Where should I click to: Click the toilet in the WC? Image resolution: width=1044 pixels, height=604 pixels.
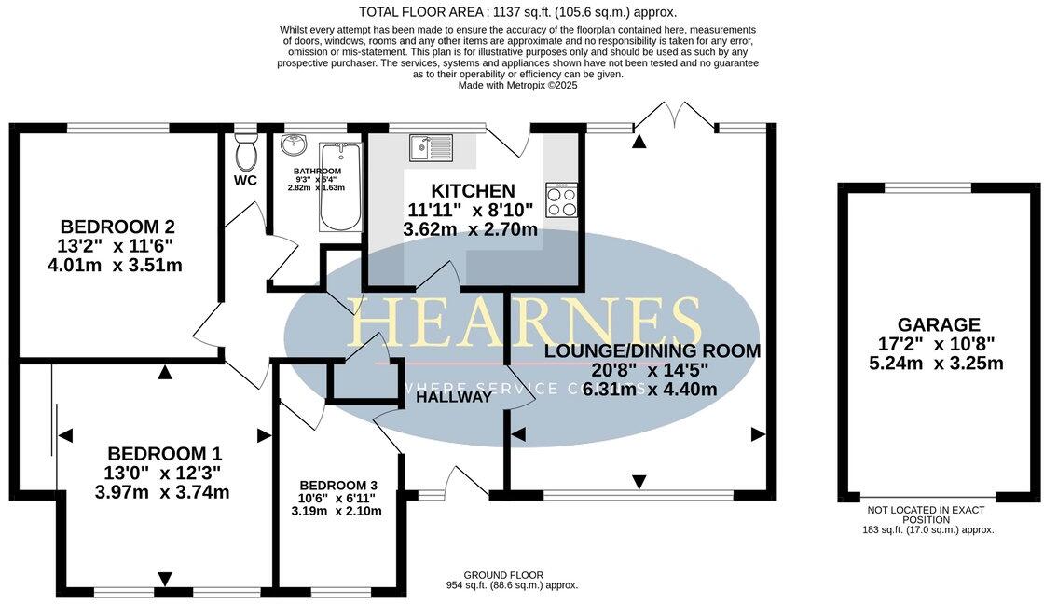tap(246, 152)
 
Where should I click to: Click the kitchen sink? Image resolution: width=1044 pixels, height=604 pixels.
tap(429, 146)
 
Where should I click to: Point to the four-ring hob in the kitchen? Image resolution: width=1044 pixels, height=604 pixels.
tap(562, 200)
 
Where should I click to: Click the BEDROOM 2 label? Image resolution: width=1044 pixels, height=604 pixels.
tap(117, 226)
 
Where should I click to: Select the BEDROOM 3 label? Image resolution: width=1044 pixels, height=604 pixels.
tap(337, 486)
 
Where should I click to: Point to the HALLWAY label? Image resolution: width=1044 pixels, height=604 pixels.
tap(454, 397)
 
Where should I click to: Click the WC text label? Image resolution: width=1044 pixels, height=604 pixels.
tap(246, 180)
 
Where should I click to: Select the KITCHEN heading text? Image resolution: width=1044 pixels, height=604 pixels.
tap(473, 191)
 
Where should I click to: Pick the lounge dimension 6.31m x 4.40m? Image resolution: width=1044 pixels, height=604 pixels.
tap(650, 390)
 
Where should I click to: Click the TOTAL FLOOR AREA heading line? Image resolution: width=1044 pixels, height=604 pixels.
tap(518, 12)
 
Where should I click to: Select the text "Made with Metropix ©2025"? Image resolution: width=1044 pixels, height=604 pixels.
tap(518, 85)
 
